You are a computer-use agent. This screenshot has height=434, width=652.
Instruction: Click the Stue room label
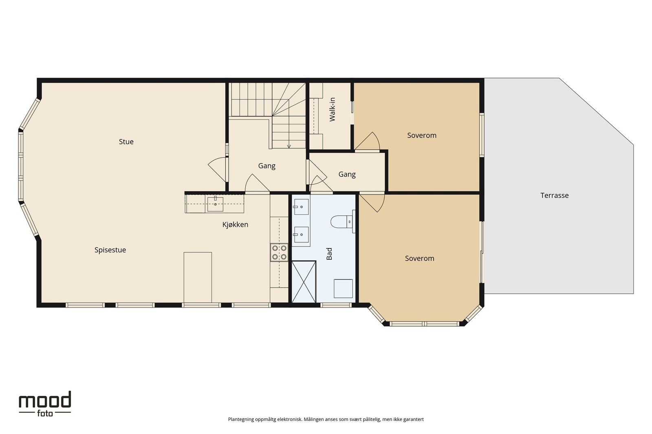(x=126, y=142)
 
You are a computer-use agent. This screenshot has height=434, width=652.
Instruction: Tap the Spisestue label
(x=110, y=250)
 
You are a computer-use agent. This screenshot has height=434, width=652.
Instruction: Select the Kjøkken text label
(x=235, y=225)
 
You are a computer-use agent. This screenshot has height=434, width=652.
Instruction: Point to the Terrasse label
(x=554, y=196)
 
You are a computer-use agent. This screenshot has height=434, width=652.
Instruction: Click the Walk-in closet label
(x=332, y=109)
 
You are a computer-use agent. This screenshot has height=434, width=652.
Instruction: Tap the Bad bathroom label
(x=329, y=253)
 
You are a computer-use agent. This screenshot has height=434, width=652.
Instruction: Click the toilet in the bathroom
(x=341, y=222)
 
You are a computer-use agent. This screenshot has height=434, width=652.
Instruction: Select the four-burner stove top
(x=279, y=253)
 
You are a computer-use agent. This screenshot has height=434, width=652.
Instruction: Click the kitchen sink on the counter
(x=215, y=204)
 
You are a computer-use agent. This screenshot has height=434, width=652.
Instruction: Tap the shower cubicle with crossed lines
(x=304, y=282)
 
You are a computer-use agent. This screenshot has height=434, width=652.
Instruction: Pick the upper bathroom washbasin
(x=301, y=207)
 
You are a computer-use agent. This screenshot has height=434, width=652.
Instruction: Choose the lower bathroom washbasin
(x=301, y=234)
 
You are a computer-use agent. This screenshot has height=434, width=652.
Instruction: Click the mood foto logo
(x=45, y=403)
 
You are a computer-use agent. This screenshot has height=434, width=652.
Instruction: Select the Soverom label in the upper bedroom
(x=422, y=135)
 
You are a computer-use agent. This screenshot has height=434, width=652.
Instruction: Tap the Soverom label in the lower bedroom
(x=419, y=258)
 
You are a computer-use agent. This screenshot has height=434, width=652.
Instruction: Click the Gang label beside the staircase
(x=267, y=166)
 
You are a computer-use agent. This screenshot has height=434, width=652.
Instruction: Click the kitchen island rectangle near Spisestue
(x=198, y=277)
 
